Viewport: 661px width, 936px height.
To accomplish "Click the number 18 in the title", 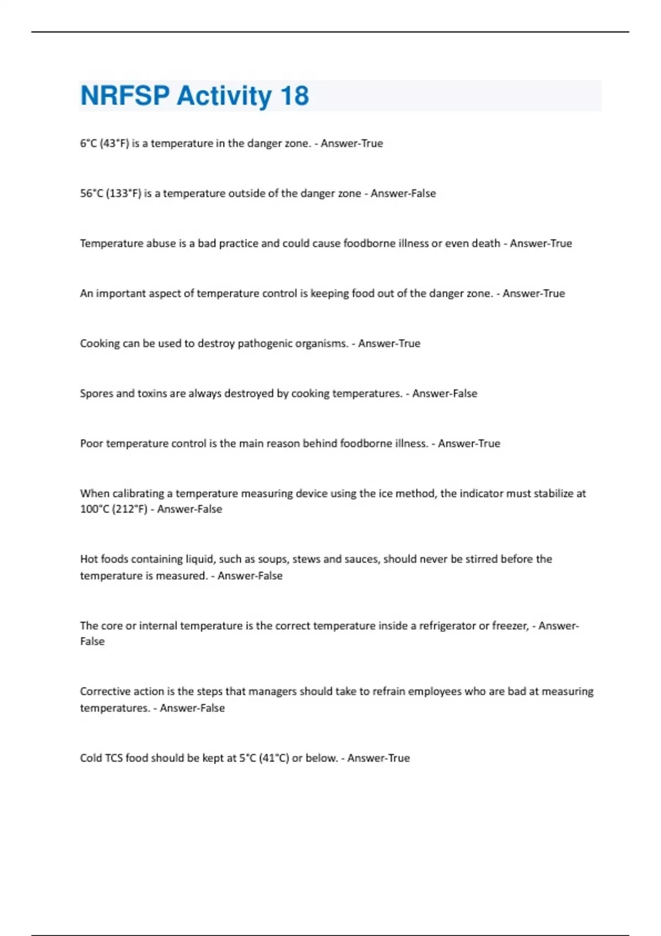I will tap(295, 96).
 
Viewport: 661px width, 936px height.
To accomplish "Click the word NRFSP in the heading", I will tap(125, 96).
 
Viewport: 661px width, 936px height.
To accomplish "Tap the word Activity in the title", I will tap(224, 96).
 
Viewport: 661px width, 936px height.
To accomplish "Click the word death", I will tap(485, 243).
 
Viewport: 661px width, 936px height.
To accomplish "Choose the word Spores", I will tap(96, 394).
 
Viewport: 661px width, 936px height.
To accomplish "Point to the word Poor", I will tap(91, 444).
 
